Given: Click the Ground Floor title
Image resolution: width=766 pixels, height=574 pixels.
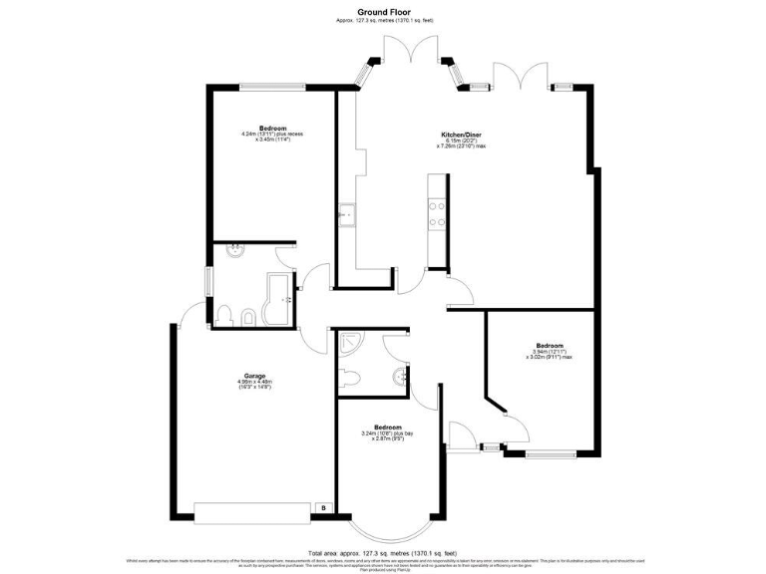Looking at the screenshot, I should [384, 11].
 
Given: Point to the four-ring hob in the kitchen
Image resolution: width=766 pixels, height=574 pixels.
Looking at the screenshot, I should [436, 210].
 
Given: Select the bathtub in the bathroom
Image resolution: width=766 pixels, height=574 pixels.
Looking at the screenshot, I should [273, 300].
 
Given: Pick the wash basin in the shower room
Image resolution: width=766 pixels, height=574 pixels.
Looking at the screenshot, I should [399, 377].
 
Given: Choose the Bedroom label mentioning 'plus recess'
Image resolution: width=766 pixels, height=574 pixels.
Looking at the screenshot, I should [272, 134].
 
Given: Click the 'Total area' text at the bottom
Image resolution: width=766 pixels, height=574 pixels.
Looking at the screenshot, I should [383, 552].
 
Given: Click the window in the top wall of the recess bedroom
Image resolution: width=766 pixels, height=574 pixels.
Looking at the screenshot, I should [272, 85].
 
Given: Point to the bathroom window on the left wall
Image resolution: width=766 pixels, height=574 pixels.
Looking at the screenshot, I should [207, 281].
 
